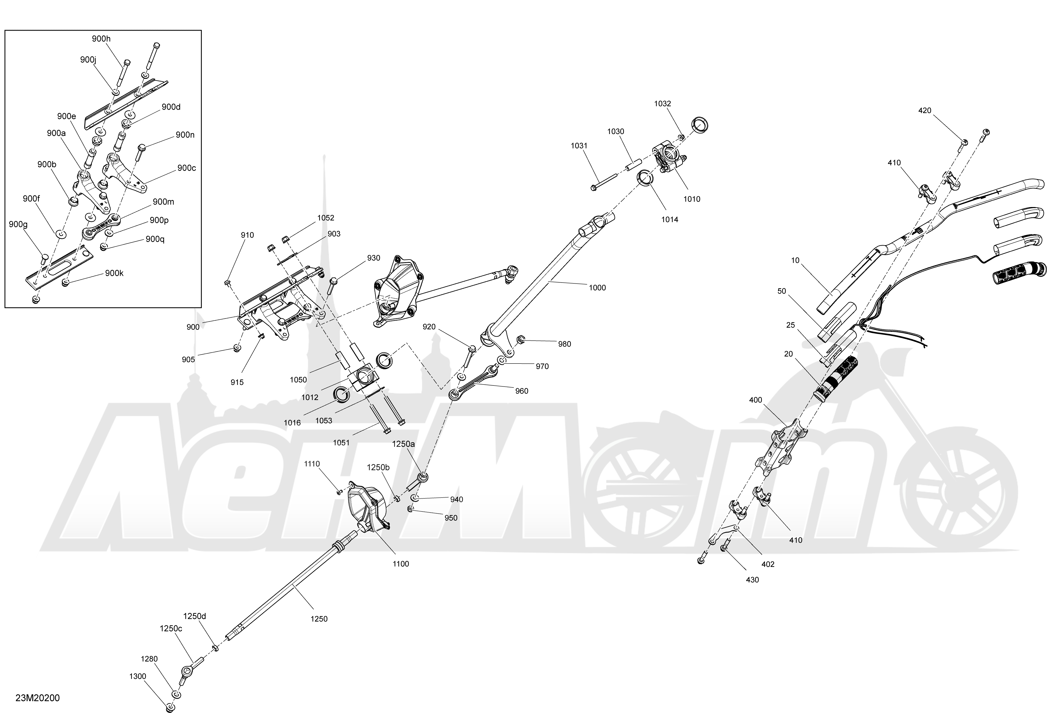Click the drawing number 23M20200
pyautogui.click(x=37, y=698)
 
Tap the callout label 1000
pyautogui.click(x=597, y=288)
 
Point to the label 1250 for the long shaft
pyautogui.click(x=319, y=619)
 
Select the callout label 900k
pyautogui.click(x=114, y=273)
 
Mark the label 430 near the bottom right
pyautogui.click(x=752, y=580)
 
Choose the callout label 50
pyautogui.click(x=782, y=291)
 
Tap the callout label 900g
pyautogui.click(x=18, y=224)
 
